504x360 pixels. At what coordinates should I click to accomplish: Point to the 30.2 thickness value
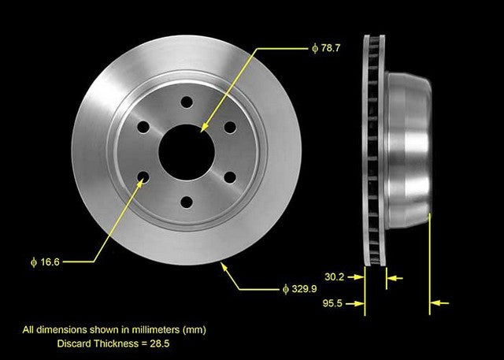tap(335, 276)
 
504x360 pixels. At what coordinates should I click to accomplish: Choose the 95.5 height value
tap(335, 302)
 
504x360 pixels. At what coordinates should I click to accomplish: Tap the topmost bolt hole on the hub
tap(187, 102)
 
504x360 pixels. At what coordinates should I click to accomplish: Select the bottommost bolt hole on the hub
tap(187, 202)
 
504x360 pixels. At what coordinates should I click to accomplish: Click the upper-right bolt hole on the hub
tap(229, 126)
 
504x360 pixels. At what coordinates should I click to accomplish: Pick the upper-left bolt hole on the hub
tap(143, 127)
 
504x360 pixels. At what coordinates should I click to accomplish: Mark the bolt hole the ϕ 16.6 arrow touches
tap(143, 177)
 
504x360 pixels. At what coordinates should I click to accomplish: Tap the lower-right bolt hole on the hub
tap(229, 176)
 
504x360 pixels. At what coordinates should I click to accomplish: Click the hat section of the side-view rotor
tap(409, 150)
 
